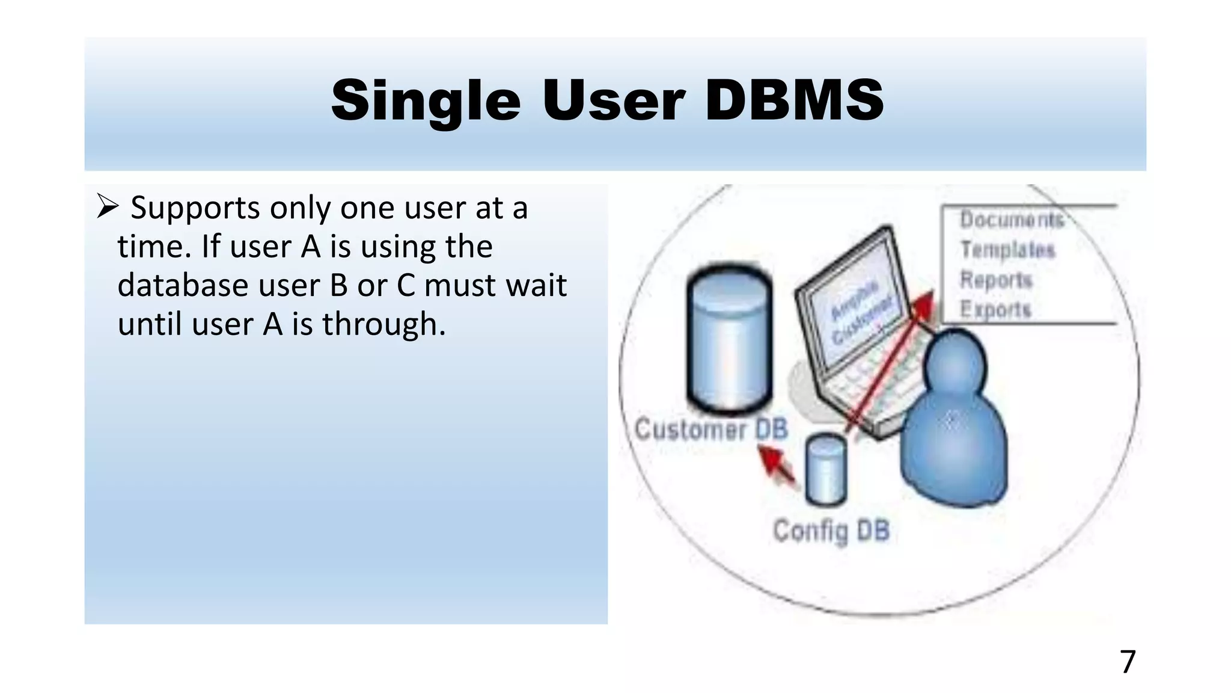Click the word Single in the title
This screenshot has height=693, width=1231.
[426, 101]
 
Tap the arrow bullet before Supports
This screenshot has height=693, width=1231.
[108, 206]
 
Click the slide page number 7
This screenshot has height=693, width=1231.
[1128, 662]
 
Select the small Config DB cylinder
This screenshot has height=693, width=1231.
[826, 470]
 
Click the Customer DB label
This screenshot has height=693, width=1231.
[711, 430]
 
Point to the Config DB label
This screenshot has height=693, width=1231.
[831, 531]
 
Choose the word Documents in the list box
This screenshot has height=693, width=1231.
[1012, 220]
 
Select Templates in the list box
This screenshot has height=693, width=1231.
[1007, 249]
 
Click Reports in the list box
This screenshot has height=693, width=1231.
[996, 280]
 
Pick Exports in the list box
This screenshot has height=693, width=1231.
[995, 309]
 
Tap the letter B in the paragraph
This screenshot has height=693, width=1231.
[339, 285]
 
